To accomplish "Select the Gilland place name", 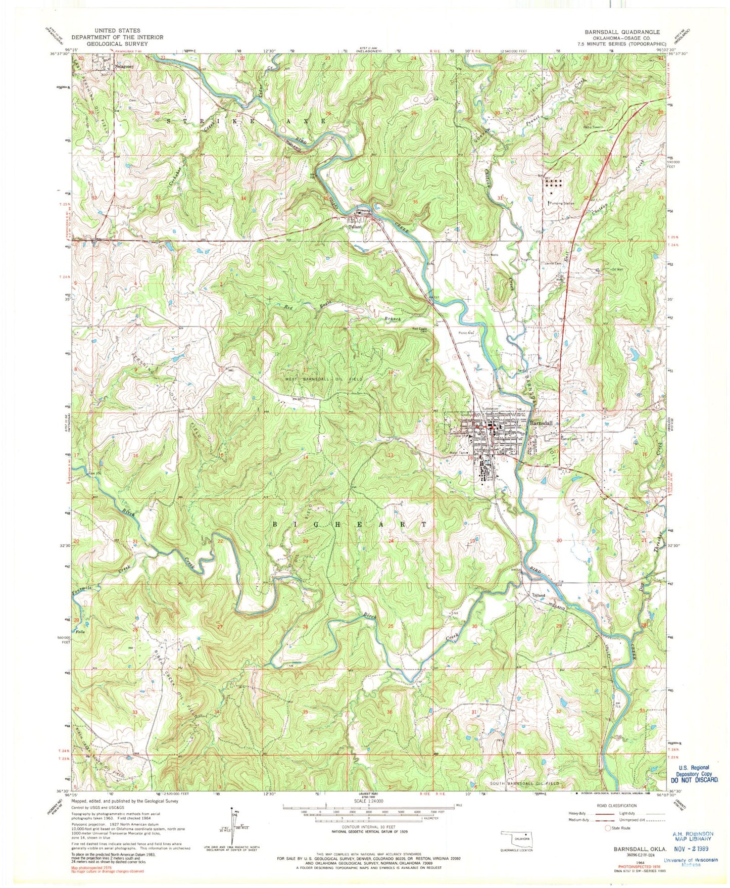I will tap(539, 595).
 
